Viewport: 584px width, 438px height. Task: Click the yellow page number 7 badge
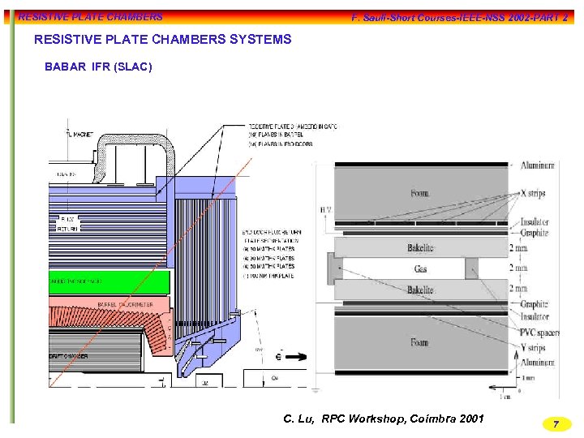(x=556, y=424)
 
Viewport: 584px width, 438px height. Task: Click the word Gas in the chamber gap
(x=420, y=268)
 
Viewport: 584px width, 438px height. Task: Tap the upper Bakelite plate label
(x=420, y=247)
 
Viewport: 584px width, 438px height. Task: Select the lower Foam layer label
(x=419, y=342)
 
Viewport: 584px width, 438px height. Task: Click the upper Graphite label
(x=535, y=233)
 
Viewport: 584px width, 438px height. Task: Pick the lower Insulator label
(x=535, y=318)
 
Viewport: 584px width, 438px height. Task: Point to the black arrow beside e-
(x=297, y=356)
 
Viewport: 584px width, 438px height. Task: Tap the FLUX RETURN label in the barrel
(x=69, y=224)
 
